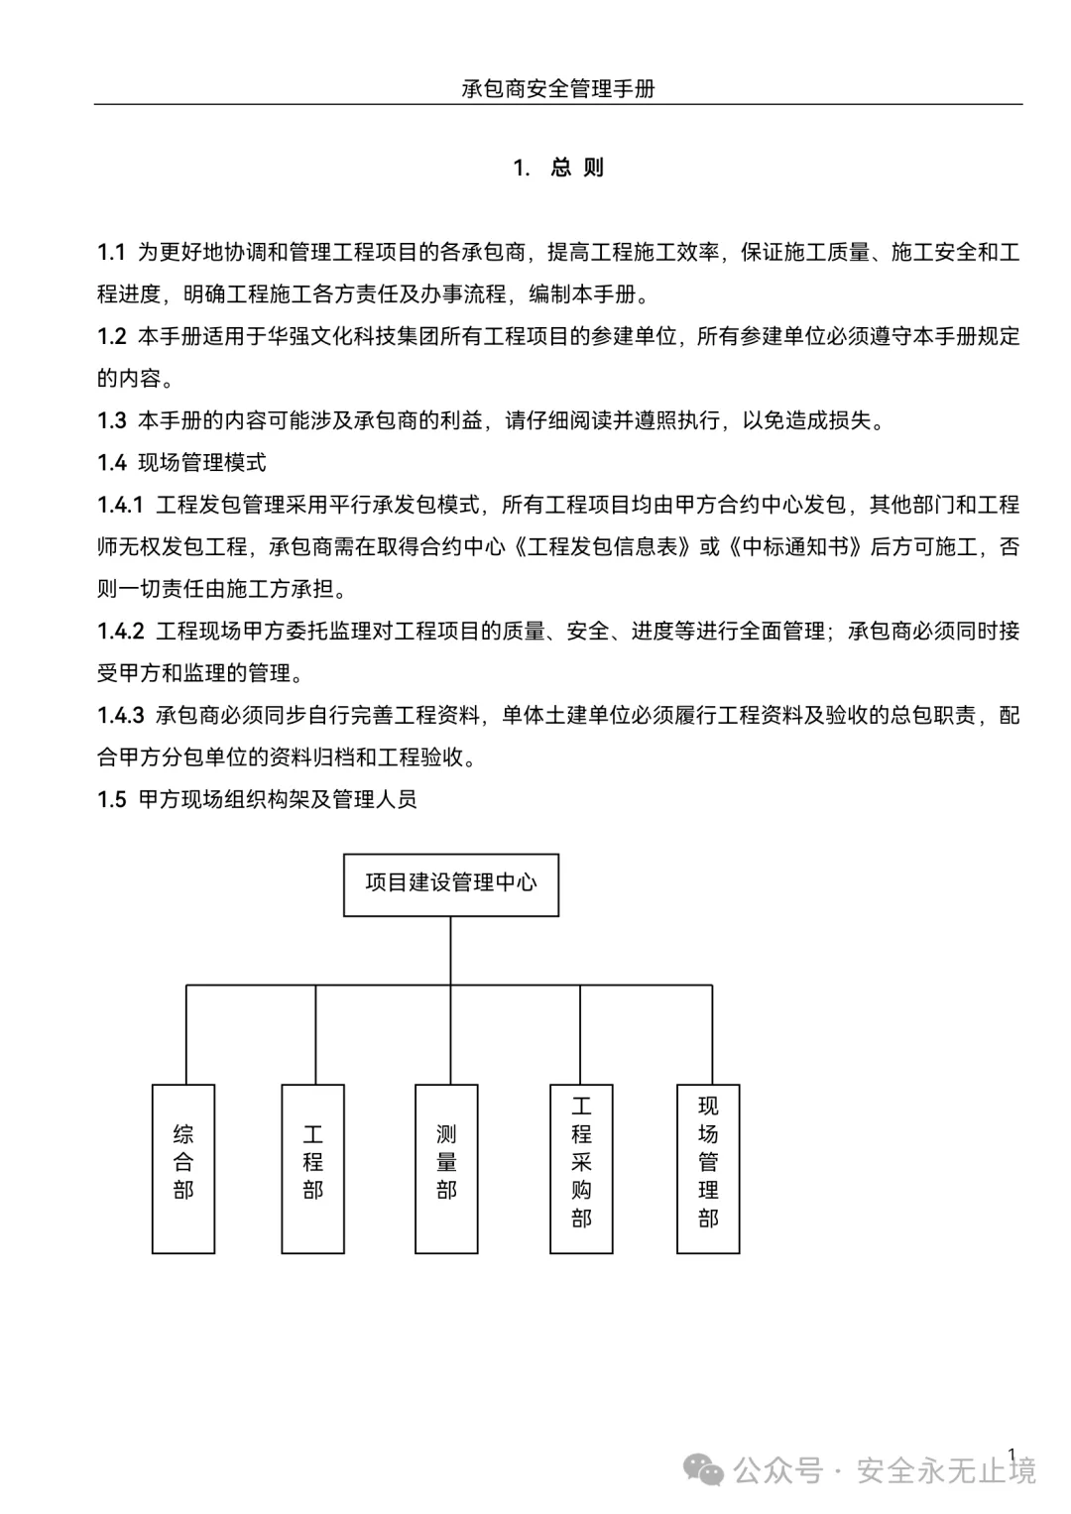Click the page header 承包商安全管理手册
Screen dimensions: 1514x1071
click(558, 88)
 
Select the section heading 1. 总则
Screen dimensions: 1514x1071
click(558, 168)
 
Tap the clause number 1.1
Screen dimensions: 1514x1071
click(111, 253)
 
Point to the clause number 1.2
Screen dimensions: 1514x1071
click(111, 337)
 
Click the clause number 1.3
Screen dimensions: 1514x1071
click(111, 421)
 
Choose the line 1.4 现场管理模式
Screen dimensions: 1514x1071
click(181, 463)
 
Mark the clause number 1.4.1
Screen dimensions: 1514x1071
click(120, 506)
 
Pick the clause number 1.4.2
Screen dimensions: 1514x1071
click(120, 632)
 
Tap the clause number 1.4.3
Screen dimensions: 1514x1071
click(120, 716)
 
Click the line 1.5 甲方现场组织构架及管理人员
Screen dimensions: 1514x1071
click(257, 800)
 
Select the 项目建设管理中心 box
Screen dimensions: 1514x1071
click(451, 884)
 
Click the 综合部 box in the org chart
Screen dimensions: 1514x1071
click(183, 1168)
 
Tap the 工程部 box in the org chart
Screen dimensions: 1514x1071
click(313, 1168)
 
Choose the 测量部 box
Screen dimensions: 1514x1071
click(446, 1168)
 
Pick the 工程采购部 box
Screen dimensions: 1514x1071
click(581, 1168)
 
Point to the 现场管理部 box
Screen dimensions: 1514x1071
click(708, 1168)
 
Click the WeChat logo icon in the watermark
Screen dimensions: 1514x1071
click(705, 1471)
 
